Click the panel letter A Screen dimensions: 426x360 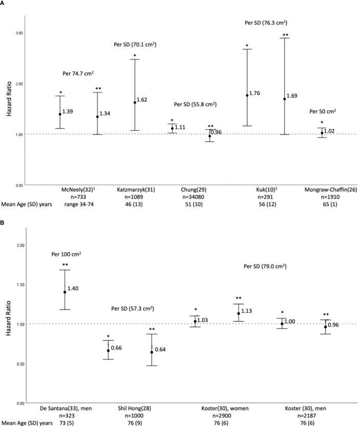tap(3, 4)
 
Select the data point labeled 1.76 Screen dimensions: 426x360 tap(247, 95)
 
